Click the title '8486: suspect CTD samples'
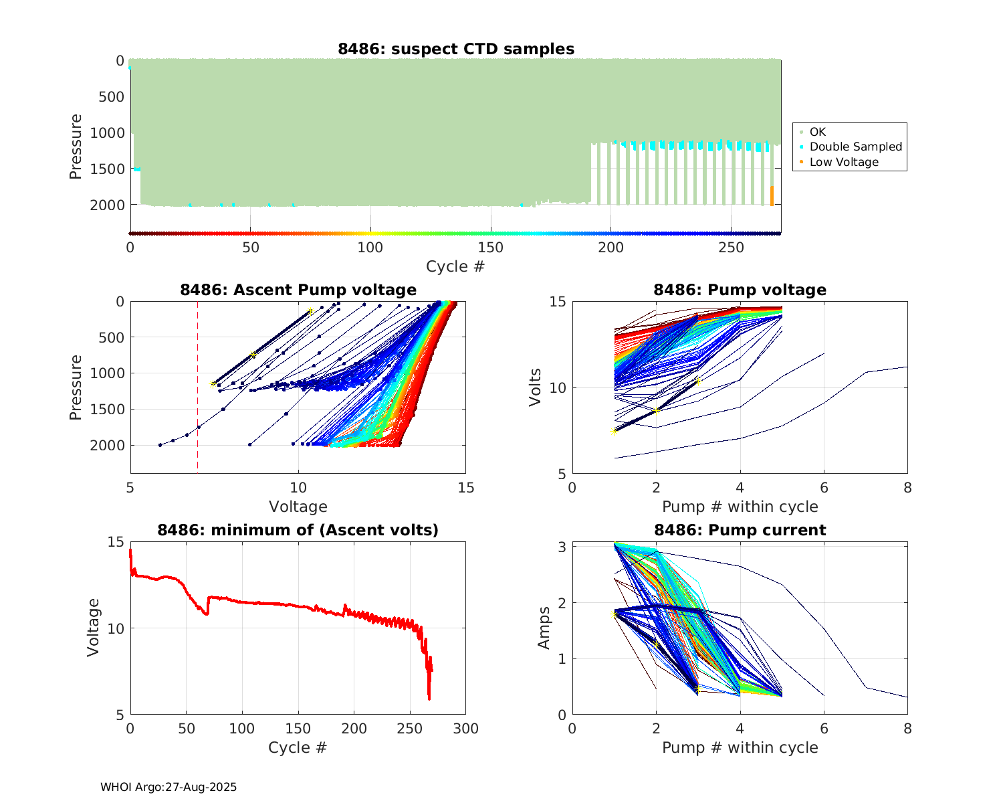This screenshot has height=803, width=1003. pos(455,49)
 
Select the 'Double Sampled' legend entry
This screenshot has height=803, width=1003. pos(855,147)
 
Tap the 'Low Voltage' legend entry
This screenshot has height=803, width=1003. pos(844,162)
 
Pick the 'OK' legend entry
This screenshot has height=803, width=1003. pos(817,132)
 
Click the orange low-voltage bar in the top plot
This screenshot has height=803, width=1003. pos(772,196)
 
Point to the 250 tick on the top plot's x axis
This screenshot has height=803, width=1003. pos(731,248)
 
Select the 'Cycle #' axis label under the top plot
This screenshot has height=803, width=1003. pos(455,266)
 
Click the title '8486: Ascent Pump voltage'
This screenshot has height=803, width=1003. pos(298,290)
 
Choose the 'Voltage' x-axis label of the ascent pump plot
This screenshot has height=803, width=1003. pos(298,507)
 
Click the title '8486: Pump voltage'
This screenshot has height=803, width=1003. pos(740,290)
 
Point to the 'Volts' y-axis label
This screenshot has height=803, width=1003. pos(535,387)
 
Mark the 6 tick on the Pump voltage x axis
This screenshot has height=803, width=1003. pos(824,488)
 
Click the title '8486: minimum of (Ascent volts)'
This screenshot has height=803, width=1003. pos(298,530)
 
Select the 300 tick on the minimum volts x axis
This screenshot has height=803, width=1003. pos(465,729)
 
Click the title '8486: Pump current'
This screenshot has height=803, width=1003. pos(740,530)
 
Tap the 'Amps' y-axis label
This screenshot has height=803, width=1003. pos(544,628)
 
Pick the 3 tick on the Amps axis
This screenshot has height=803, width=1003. pos(562,547)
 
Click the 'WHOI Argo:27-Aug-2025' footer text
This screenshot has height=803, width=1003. pos(169,787)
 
